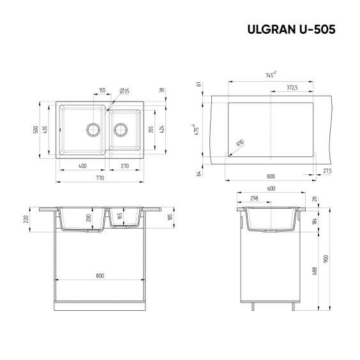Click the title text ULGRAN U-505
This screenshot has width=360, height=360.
click(291, 29)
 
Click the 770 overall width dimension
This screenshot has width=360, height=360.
click(100, 177)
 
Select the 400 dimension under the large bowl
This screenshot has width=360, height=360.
click(82, 166)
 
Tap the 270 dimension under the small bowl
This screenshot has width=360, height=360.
click(125, 166)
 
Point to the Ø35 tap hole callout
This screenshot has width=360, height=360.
click(124, 91)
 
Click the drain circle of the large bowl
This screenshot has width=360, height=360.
click(93, 130)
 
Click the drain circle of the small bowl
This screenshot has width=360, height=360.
click(121, 130)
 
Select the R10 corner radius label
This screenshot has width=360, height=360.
click(240, 143)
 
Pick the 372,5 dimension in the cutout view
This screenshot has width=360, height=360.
click(292, 87)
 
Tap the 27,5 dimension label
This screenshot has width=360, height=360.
click(327, 171)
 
